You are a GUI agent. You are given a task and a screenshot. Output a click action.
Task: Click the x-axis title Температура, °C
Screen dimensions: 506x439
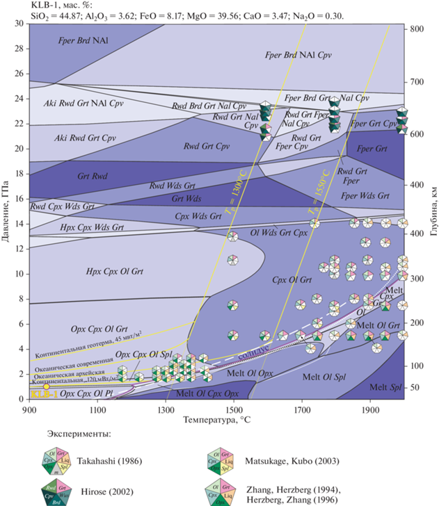pyautogui.click(x=216, y=421)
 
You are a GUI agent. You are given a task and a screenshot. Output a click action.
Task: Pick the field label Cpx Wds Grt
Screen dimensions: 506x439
pyautogui.click(x=196, y=216)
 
